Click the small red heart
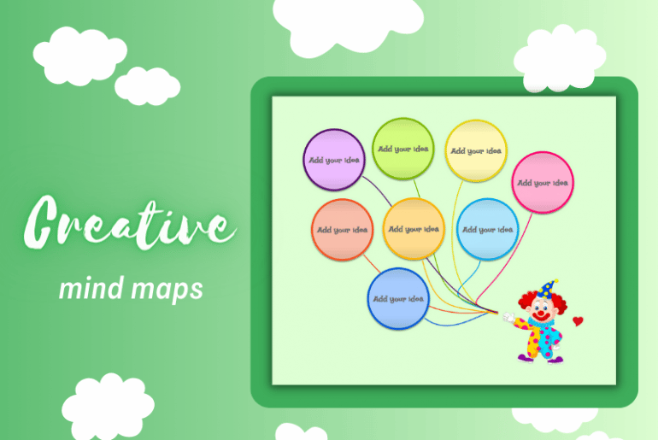tap(579, 321)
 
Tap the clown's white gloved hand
tap(509, 318)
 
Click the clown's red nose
tap(539, 314)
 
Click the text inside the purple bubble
tap(334, 160)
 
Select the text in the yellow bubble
tap(476, 151)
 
